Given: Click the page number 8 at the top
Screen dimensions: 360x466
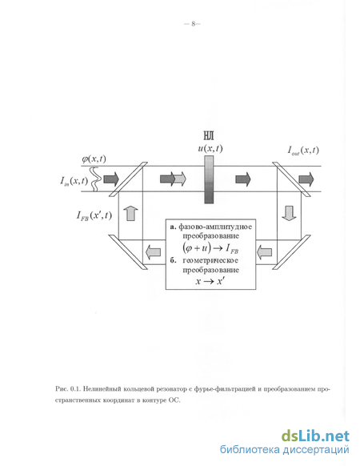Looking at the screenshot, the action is point(193,24).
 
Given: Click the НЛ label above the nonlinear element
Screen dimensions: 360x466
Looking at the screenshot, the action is point(209,136).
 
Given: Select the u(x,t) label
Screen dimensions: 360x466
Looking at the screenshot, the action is point(210,148).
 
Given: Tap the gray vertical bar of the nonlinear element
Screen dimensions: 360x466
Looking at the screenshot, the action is point(209,180).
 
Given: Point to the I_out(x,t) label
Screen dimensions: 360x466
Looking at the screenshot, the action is point(303,150).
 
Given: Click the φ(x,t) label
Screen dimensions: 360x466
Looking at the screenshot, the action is point(94,159).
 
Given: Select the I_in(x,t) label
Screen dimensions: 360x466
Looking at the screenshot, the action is point(74,180).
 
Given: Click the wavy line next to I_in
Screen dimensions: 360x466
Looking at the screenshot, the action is point(96,179).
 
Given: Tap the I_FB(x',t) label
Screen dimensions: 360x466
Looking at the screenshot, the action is point(94,215).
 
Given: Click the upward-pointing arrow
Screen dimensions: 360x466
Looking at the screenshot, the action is point(130,213).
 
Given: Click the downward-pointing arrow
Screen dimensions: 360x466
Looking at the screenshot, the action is point(289,214).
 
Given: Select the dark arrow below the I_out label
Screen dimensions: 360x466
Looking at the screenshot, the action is point(306,179).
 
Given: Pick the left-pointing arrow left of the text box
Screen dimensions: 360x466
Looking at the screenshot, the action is point(153,252).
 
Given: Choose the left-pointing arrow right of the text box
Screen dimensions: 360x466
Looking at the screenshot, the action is point(264,252).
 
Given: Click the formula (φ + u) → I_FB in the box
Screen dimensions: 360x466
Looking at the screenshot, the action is point(210,248).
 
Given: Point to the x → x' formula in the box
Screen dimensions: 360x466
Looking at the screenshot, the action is point(210,280).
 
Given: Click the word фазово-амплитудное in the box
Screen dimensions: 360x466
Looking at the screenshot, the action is point(215,227).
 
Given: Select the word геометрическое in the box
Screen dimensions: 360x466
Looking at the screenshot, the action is point(210,261).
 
